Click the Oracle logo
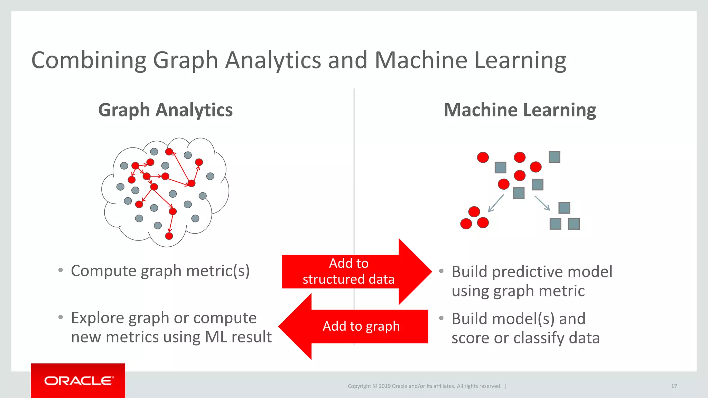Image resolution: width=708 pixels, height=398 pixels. [78, 381]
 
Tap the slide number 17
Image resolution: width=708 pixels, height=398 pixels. [674, 386]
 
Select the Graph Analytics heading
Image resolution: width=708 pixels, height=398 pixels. [165, 110]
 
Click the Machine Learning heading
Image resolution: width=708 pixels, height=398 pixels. [520, 110]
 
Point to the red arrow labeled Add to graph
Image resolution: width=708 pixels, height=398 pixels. [356, 326]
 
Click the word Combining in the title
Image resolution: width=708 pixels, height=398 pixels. [89, 60]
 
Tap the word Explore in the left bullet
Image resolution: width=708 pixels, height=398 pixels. [97, 318]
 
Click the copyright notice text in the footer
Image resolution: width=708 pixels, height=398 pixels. [424, 386]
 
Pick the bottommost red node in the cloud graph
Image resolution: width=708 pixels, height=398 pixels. [169, 236]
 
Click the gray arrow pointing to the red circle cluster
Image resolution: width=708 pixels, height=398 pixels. [496, 203]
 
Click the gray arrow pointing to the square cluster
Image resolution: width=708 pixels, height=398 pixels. [542, 203]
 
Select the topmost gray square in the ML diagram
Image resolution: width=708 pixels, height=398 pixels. [554, 157]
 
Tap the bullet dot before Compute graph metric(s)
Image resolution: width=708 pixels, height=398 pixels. [61, 270]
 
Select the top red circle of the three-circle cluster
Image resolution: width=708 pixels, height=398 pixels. [474, 211]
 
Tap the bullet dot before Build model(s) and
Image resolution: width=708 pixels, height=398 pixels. [441, 318]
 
